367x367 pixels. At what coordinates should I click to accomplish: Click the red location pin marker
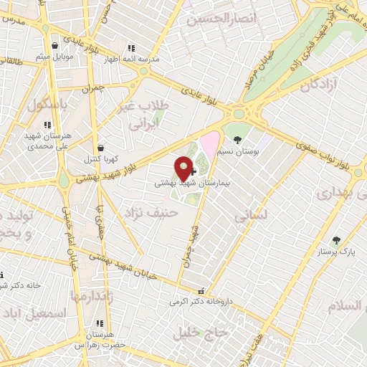pos(183,168)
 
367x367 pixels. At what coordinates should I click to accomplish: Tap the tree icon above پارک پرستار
pos(337,241)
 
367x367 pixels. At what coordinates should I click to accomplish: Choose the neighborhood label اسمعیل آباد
pos(35,314)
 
